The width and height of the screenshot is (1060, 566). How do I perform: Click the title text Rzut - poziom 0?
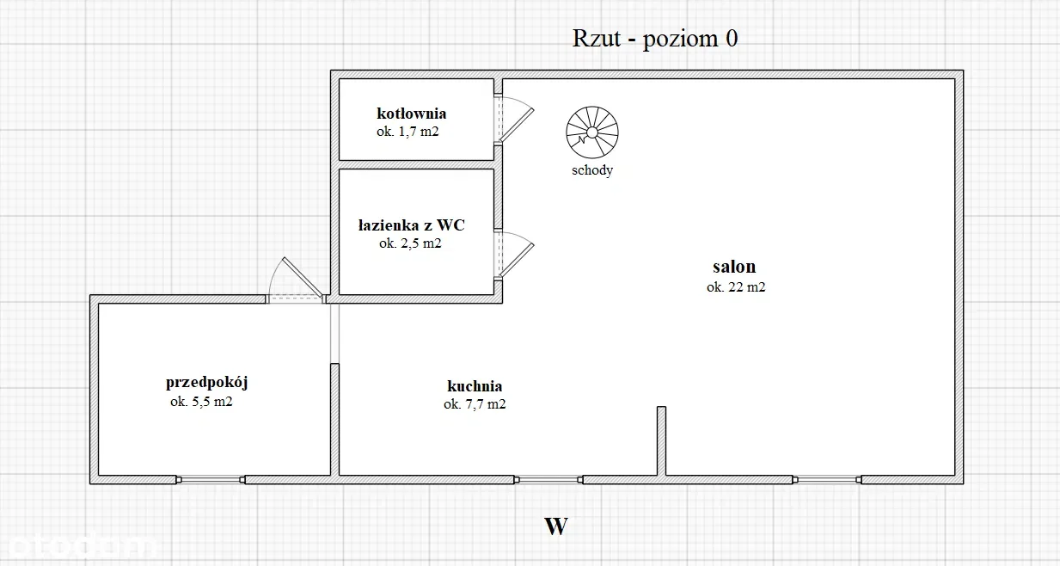[655, 39]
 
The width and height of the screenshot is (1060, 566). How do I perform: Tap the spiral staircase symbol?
[592, 132]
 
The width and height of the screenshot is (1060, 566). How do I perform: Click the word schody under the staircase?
[592, 170]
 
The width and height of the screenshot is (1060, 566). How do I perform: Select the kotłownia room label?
[411, 114]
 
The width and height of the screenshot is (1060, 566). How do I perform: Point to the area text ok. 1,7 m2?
[407, 132]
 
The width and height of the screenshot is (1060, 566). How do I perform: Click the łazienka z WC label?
[411, 225]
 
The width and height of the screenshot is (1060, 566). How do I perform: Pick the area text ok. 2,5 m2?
[410, 243]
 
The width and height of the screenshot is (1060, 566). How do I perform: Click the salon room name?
[734, 267]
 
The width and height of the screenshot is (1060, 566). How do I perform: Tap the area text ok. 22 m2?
[736, 287]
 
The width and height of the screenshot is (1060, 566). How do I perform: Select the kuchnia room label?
[475, 386]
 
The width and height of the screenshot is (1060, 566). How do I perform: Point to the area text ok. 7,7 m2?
[475, 404]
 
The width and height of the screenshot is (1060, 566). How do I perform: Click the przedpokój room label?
[207, 382]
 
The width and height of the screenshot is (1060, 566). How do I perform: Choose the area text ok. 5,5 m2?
[201, 402]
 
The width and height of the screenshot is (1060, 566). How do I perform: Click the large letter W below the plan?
[556, 526]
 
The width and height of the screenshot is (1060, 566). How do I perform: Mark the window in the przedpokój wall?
[211, 480]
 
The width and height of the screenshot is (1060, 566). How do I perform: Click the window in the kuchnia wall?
[548, 480]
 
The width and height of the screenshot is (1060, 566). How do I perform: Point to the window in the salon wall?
[827, 480]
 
